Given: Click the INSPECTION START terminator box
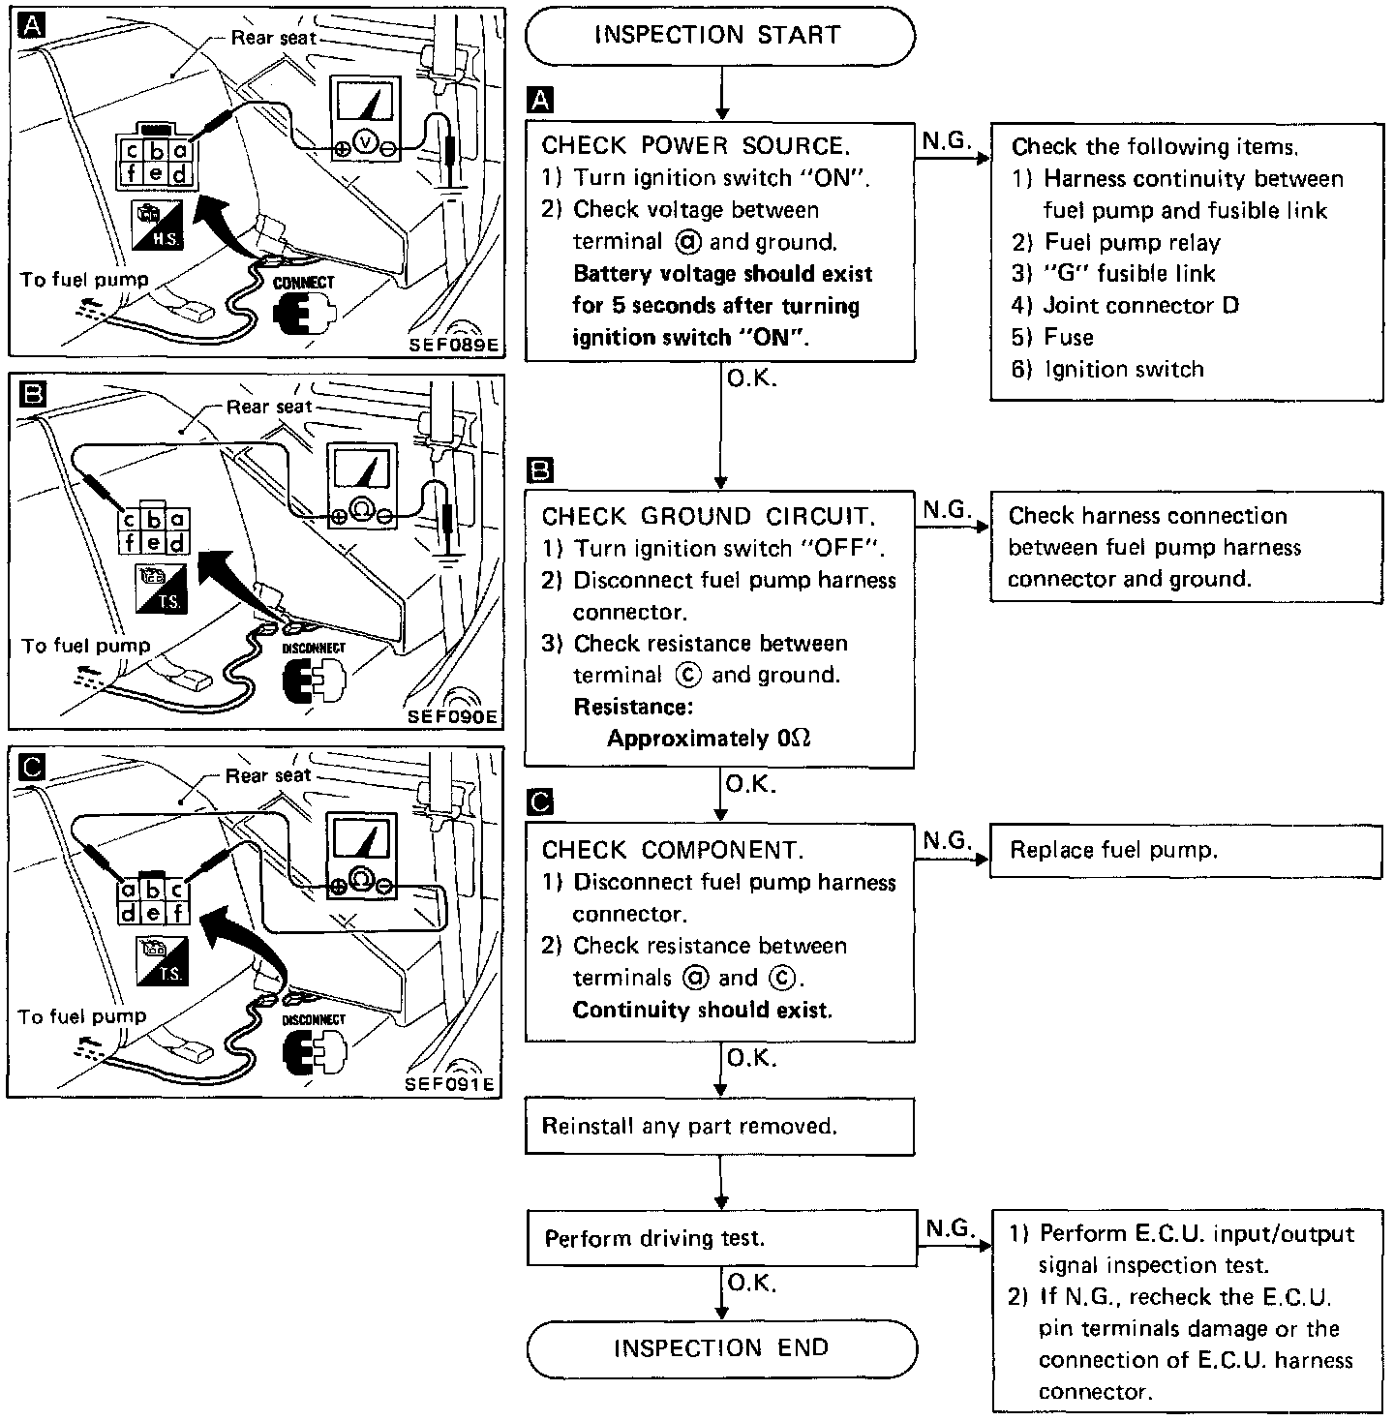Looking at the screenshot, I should click(719, 36).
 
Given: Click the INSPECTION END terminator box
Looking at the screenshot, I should click(721, 1347).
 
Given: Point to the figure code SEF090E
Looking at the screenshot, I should click(452, 716).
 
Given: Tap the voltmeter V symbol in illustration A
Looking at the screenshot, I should click(365, 142).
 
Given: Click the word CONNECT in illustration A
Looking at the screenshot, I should click(304, 283).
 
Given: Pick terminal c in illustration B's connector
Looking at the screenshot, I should click(129, 520).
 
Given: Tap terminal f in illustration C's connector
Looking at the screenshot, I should click(178, 912).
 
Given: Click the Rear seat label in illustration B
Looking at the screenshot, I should click(269, 407).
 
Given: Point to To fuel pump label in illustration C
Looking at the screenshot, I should click(82, 1016).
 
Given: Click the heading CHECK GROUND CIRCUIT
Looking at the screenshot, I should click(708, 516).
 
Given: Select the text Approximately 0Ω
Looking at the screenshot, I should click(709, 739).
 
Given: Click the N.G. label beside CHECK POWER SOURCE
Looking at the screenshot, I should click(945, 141).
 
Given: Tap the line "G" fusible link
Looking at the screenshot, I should click(1129, 274).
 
